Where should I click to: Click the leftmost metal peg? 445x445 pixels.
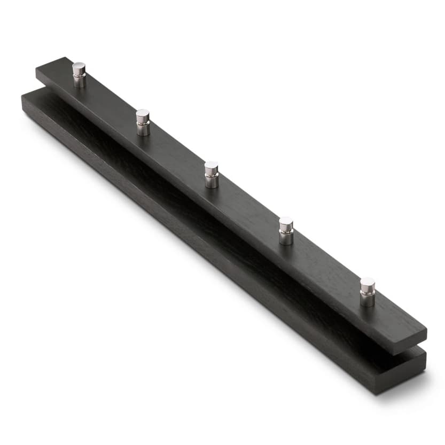pos(79,75)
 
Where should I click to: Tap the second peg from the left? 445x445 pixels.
pos(143,122)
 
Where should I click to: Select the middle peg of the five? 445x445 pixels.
pos(211,174)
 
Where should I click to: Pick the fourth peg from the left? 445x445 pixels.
pos(286,230)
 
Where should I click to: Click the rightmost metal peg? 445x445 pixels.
pos(367,292)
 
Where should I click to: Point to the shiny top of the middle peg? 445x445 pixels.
pos(211,166)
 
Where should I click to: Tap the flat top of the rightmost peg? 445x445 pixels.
pos(367,282)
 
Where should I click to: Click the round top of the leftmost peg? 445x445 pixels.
pos(79,67)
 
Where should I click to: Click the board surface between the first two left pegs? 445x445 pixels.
pos(110,102)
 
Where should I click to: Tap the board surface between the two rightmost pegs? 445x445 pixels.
pos(326,264)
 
